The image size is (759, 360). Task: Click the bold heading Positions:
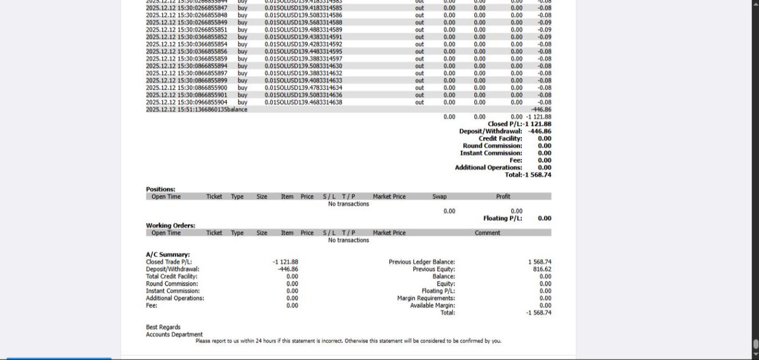(x=160, y=190)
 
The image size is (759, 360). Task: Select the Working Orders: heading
(x=170, y=225)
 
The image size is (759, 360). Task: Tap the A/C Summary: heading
(x=167, y=255)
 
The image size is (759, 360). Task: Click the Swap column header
(x=439, y=197)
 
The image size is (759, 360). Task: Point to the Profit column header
(x=503, y=197)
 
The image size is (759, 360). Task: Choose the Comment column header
(x=487, y=233)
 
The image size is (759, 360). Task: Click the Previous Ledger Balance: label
(x=422, y=262)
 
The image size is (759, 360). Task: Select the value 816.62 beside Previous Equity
(x=542, y=269)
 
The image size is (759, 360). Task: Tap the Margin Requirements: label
(x=426, y=298)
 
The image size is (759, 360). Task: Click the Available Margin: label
(x=432, y=305)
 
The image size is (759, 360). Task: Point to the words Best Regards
(x=163, y=327)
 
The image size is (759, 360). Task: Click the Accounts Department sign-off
(x=174, y=335)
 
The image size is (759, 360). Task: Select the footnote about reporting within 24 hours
(x=348, y=341)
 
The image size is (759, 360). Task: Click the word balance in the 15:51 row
(x=237, y=109)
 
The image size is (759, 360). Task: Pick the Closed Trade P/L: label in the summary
(x=169, y=262)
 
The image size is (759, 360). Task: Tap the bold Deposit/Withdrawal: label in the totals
(x=490, y=132)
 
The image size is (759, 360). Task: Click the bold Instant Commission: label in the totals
(x=491, y=153)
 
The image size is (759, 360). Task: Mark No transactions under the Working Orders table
(x=348, y=240)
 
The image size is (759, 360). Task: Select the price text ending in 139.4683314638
(x=303, y=102)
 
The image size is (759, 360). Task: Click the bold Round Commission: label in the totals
(x=492, y=146)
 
